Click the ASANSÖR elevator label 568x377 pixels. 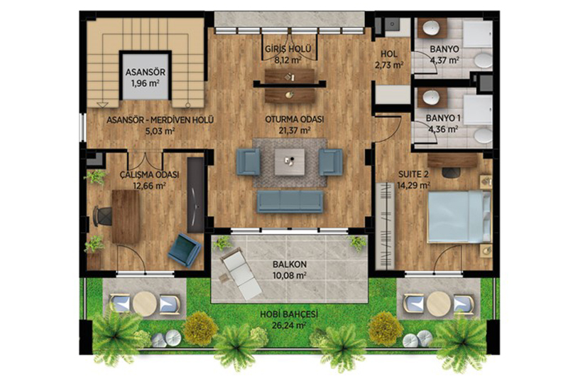[146, 72]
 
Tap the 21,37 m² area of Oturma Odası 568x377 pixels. [296, 130]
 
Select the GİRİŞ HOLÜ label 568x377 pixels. [288, 48]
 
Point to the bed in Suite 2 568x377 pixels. [459, 217]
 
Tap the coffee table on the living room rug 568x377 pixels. [290, 162]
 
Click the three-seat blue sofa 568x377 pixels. [290, 202]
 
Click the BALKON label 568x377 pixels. [290, 265]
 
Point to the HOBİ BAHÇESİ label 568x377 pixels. [289, 314]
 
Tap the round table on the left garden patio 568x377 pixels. [145, 302]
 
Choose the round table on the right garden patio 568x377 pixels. [439, 303]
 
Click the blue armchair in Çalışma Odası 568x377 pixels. [185, 250]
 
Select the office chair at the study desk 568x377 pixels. [102, 216]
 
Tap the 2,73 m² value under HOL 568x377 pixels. [389, 65]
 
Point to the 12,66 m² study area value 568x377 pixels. [150, 186]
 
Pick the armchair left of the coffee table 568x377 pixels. [248, 162]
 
